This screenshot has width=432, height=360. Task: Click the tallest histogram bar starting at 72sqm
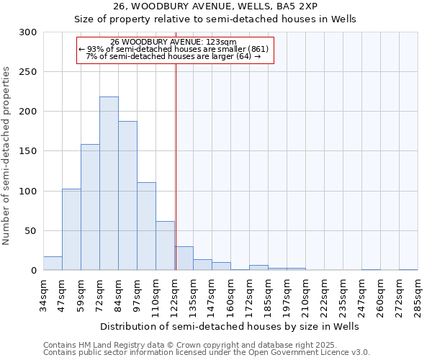tap(109, 184)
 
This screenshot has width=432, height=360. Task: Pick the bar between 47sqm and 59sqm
tap(71, 230)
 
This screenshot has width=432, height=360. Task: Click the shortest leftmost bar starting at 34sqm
tap(53, 264)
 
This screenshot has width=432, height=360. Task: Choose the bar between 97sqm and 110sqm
tap(146, 226)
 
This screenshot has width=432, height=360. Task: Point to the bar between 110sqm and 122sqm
tap(165, 246)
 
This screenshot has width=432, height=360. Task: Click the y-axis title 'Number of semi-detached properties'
tap(7, 156)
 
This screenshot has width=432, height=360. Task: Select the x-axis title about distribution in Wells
tap(229, 326)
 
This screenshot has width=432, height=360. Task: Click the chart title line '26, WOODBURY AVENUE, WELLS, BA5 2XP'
tap(215, 6)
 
